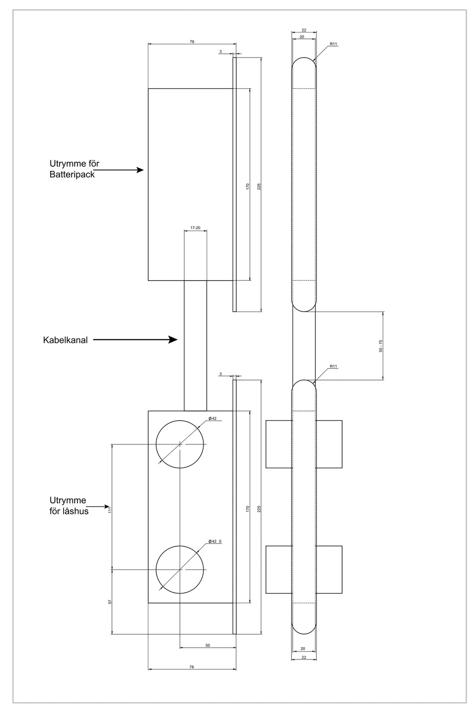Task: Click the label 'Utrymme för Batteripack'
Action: click(x=74, y=169)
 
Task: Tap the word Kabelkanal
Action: click(x=65, y=340)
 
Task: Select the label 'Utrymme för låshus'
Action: click(x=68, y=506)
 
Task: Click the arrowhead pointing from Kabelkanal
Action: click(x=174, y=339)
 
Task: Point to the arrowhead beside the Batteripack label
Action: click(x=140, y=170)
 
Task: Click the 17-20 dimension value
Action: click(x=195, y=228)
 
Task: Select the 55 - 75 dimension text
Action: click(x=381, y=346)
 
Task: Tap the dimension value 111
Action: click(x=110, y=510)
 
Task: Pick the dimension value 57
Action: click(x=110, y=601)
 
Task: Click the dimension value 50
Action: click(x=208, y=645)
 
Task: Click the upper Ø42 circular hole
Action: click(x=180, y=444)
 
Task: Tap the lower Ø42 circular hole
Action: click(x=180, y=569)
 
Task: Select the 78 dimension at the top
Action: click(x=192, y=42)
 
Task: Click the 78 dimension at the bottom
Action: click(x=192, y=667)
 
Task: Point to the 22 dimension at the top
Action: click(x=304, y=30)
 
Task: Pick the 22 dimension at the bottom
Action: click(x=304, y=657)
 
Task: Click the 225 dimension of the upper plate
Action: click(x=259, y=186)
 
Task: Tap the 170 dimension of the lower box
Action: click(x=248, y=508)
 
